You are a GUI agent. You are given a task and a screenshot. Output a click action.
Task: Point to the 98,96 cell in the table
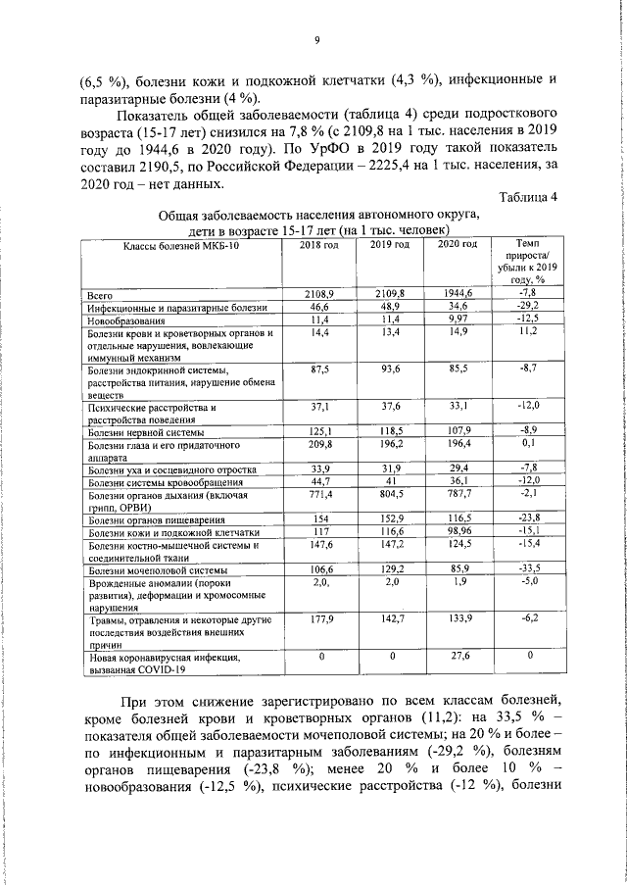[457, 532]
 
